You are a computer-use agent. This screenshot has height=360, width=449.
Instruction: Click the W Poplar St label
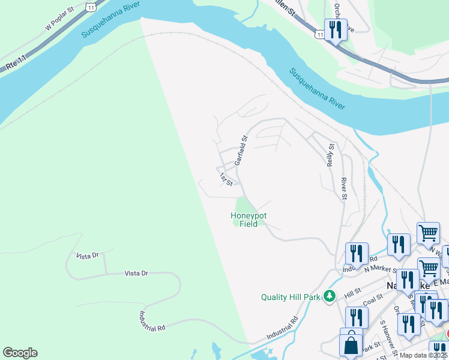pos(59,19)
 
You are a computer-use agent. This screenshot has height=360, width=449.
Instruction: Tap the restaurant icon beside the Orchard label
pos(335,31)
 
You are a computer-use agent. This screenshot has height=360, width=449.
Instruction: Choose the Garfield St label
pos(241,151)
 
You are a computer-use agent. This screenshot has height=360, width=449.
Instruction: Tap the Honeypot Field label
pos(249,220)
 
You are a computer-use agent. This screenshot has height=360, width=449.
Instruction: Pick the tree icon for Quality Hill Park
pos(329,296)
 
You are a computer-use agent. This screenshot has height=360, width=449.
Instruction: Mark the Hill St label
pos(352,293)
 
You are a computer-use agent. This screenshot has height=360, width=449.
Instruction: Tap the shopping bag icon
pos(351,346)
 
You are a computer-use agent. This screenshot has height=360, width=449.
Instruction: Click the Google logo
pos(20,353)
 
